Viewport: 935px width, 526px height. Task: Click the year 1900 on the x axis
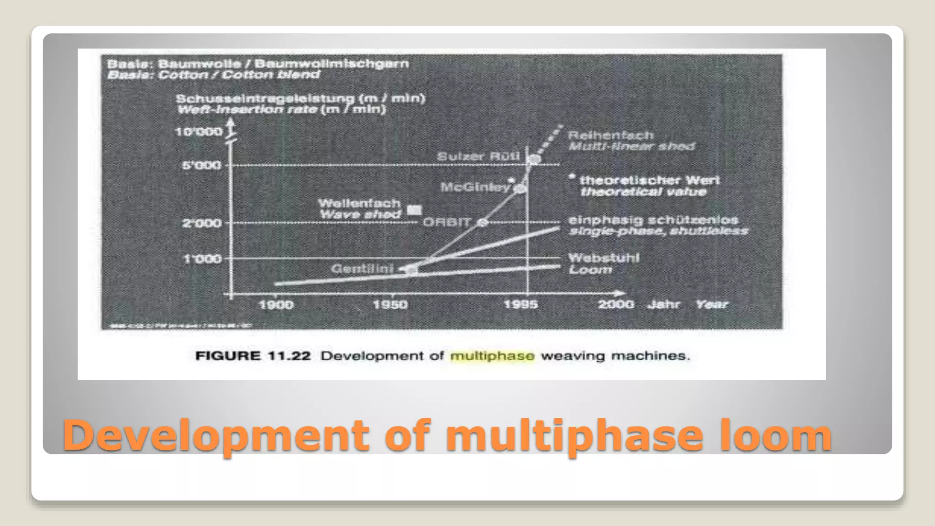(x=276, y=305)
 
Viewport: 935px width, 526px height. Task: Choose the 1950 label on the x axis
(x=390, y=305)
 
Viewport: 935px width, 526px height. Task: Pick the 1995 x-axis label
(x=520, y=305)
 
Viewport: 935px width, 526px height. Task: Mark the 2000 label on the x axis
(x=616, y=304)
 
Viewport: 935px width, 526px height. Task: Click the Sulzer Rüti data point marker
(x=534, y=159)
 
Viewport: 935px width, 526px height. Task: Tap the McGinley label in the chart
(x=475, y=187)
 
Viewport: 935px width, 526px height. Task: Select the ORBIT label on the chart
(x=446, y=222)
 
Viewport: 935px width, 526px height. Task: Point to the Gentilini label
(x=362, y=268)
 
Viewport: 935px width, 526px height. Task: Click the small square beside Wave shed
(x=414, y=210)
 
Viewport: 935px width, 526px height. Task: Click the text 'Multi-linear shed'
(x=631, y=147)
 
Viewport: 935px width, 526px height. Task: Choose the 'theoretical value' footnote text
(x=643, y=191)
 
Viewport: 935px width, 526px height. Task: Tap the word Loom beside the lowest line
(x=590, y=270)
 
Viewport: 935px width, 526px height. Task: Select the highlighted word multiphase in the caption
(x=492, y=356)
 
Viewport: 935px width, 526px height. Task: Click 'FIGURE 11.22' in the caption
(x=253, y=356)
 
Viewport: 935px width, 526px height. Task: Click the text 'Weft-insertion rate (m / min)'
(x=281, y=110)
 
